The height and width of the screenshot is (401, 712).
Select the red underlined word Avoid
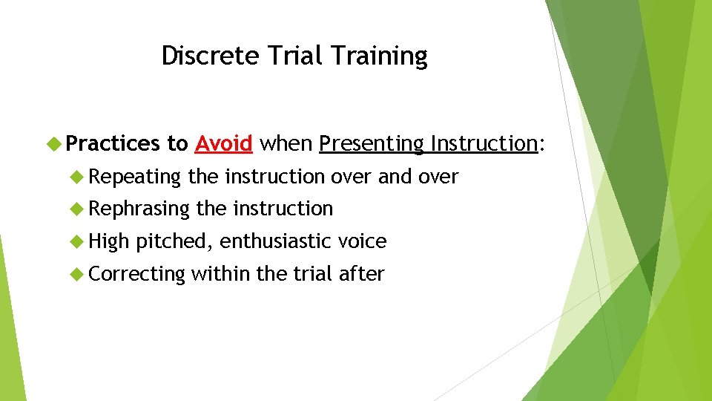click(224, 143)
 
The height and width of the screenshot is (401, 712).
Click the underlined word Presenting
click(372, 143)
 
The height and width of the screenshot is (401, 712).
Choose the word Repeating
click(135, 177)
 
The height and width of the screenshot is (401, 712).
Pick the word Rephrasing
click(139, 209)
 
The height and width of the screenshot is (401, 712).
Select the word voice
click(362, 241)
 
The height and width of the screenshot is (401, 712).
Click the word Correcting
click(136, 274)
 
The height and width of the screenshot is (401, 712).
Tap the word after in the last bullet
click(361, 274)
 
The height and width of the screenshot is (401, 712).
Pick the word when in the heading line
click(286, 143)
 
